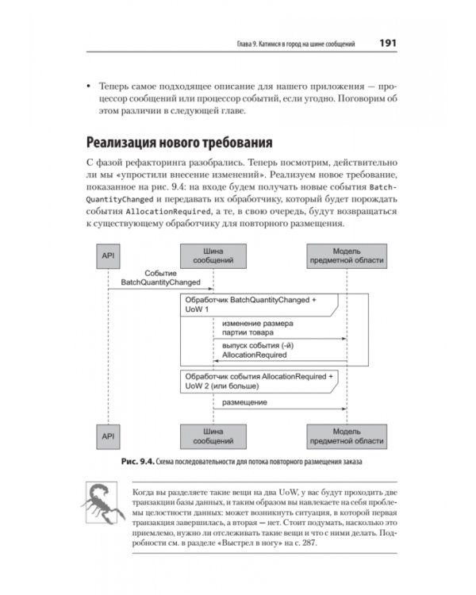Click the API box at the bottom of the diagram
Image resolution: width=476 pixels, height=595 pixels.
(x=107, y=434)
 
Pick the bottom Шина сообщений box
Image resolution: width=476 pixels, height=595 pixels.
(x=212, y=434)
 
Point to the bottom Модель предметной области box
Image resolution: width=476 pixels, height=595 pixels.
(x=347, y=434)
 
